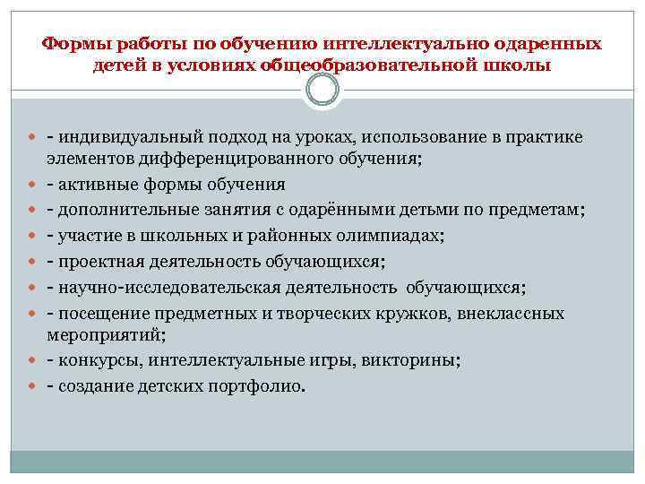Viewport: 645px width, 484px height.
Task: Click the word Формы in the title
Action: (x=72, y=43)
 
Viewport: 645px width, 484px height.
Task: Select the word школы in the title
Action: (x=517, y=65)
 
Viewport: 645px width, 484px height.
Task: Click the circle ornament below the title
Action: (x=322, y=89)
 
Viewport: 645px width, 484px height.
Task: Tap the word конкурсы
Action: (x=100, y=361)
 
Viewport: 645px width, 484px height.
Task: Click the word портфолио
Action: (x=260, y=387)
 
